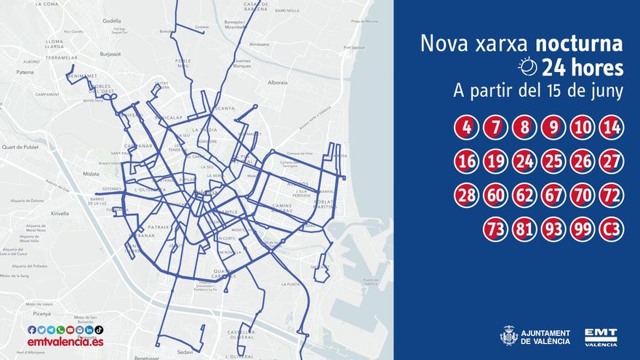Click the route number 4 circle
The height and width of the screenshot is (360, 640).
click(x=466, y=128)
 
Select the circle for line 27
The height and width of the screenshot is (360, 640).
click(x=612, y=161)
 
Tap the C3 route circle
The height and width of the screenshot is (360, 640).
click(x=612, y=229)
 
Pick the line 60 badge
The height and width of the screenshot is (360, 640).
click(x=495, y=195)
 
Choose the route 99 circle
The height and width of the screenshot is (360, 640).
click(x=583, y=229)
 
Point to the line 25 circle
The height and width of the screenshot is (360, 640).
click(x=553, y=161)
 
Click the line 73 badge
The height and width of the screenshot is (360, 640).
click(x=495, y=229)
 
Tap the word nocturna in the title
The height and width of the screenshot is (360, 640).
click(x=579, y=43)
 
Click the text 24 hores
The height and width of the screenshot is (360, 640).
click(x=582, y=68)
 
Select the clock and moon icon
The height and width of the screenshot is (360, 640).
click(x=527, y=67)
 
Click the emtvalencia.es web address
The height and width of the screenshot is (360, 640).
click(x=65, y=342)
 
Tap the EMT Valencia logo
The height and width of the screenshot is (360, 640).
click(x=601, y=337)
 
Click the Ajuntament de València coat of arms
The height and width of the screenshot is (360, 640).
click(x=509, y=335)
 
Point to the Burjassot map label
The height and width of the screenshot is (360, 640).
click(x=110, y=54)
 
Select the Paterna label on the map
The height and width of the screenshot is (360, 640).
click(x=25, y=72)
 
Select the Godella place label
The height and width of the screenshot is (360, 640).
click(x=112, y=21)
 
